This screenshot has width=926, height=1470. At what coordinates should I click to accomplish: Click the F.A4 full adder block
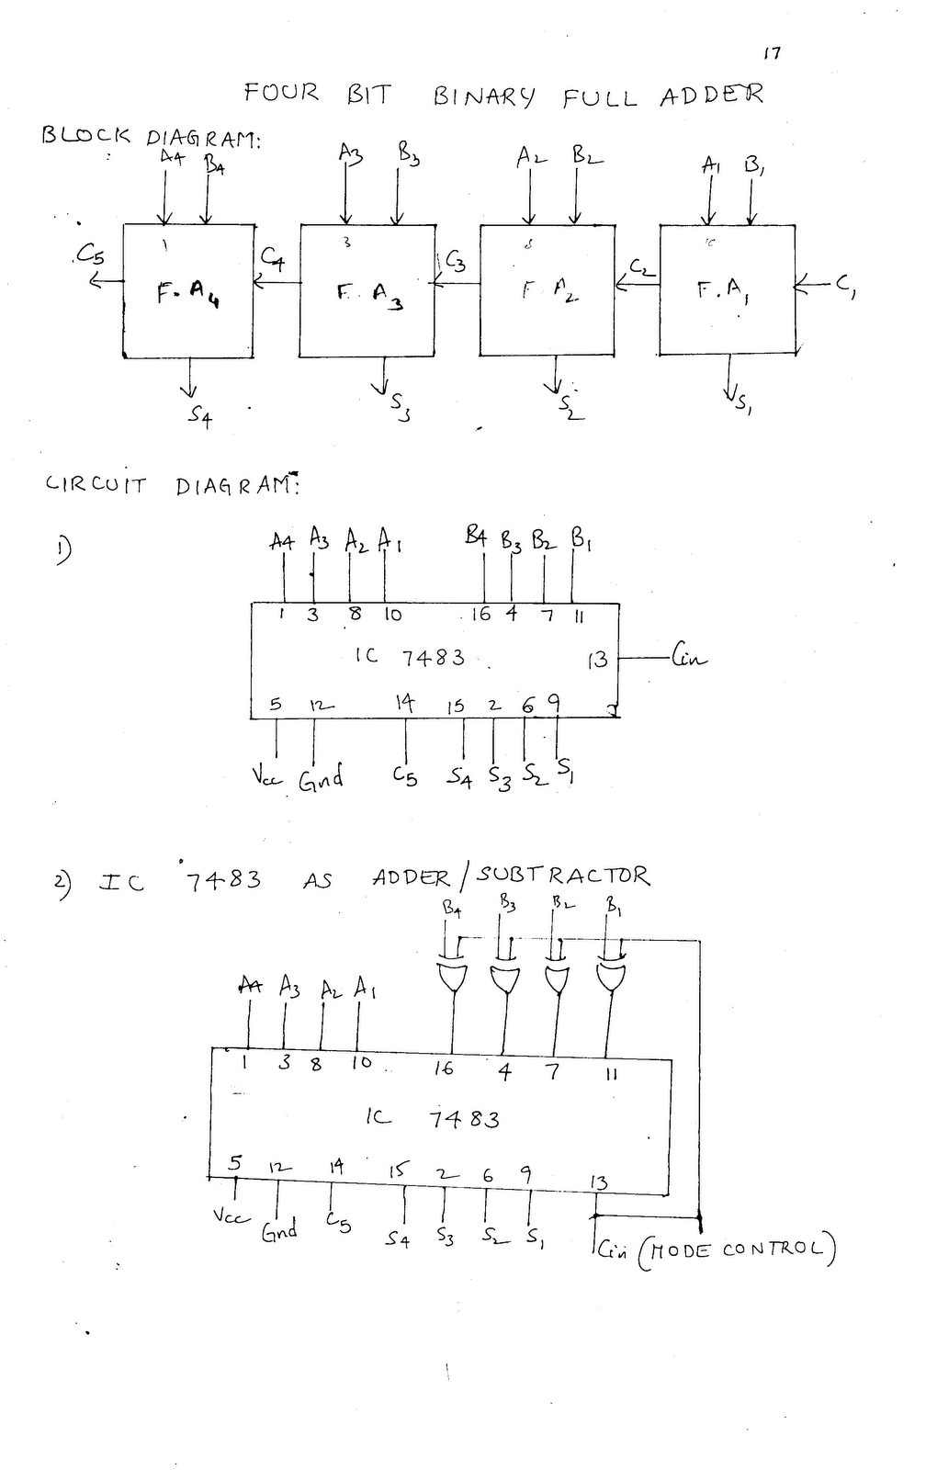pyautogui.click(x=188, y=289)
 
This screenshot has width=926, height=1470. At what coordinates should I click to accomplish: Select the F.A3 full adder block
pyautogui.click(x=367, y=290)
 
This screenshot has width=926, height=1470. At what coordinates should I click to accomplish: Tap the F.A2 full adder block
pyautogui.click(x=548, y=289)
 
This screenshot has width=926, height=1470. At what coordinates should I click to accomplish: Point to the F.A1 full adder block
pyautogui.click(x=727, y=288)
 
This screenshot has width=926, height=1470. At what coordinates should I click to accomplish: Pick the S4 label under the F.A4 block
pyautogui.click(x=200, y=417)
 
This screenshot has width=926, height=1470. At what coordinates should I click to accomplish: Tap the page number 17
pyautogui.click(x=772, y=53)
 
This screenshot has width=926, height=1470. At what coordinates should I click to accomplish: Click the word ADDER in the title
pyautogui.click(x=711, y=96)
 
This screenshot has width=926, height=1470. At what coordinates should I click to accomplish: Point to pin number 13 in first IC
pyautogui.click(x=597, y=659)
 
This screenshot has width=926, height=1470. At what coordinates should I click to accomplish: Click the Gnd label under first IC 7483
pyautogui.click(x=321, y=779)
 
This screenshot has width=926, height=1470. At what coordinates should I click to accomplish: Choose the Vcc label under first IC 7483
pyautogui.click(x=267, y=777)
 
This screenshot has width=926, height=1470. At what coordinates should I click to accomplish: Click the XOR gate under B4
pyautogui.click(x=452, y=978)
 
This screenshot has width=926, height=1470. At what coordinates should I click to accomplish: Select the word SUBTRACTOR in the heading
pyautogui.click(x=562, y=876)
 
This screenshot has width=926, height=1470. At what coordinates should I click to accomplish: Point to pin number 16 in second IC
pyautogui.click(x=444, y=1069)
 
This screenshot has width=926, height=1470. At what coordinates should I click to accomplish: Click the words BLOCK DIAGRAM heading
pyautogui.click(x=152, y=136)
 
